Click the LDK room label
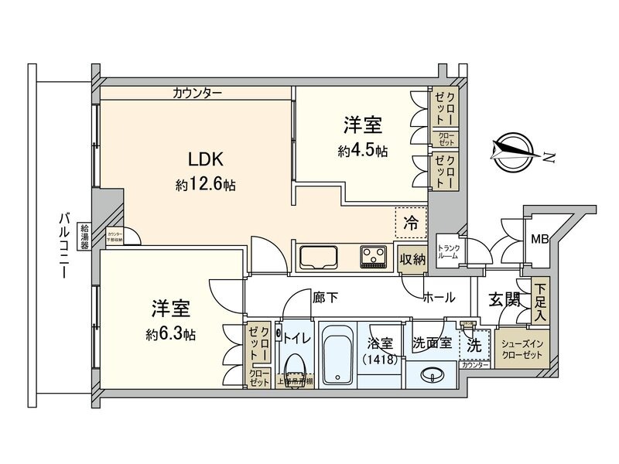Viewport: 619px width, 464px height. pyautogui.click(x=206, y=160)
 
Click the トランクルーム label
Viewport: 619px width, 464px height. pyautogui.click(x=449, y=252)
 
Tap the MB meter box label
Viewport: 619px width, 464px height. pyautogui.click(x=539, y=239)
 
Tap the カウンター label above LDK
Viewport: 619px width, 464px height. pyautogui.click(x=197, y=94)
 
